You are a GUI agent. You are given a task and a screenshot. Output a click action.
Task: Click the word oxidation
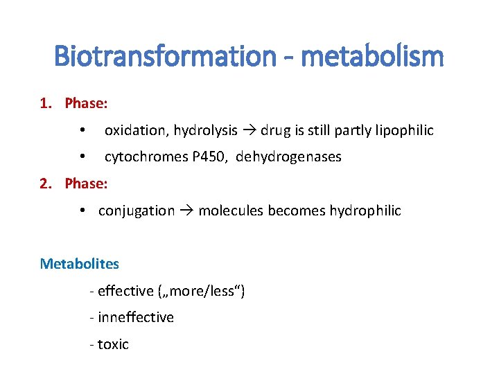(137, 130)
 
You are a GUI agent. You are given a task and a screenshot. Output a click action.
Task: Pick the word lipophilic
(405, 130)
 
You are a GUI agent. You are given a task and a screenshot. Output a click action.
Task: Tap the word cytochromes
(145, 157)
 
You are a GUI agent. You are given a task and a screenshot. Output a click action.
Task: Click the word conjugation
(137, 211)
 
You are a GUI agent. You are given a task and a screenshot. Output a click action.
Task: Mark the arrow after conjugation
(186, 211)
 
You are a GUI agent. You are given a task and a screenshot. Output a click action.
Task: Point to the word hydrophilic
(365, 211)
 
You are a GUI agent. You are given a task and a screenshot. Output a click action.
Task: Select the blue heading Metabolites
(80, 264)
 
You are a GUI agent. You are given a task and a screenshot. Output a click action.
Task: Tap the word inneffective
(136, 317)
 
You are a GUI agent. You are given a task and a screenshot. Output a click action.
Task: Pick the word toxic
(113, 344)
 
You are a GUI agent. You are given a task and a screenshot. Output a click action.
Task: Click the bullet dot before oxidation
(82, 130)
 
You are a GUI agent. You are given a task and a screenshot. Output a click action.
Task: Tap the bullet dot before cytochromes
(82, 157)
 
